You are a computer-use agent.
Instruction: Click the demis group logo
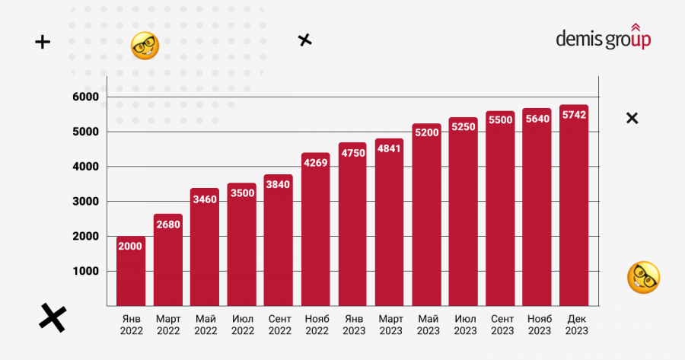603,38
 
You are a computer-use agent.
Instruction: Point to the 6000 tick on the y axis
86,97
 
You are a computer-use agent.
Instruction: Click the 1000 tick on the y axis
86,272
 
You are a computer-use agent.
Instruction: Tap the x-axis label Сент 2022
279,324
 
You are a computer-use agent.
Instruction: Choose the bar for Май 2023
426,217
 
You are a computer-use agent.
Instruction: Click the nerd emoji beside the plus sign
145,46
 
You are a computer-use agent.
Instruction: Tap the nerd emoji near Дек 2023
642,278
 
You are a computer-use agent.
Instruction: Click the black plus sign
43,43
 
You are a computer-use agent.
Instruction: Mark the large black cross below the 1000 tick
52,317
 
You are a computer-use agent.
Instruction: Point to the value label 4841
390,148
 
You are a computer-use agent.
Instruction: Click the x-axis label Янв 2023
352,324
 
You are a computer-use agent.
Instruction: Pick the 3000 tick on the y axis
86,202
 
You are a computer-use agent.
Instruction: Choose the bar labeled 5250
463,213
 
